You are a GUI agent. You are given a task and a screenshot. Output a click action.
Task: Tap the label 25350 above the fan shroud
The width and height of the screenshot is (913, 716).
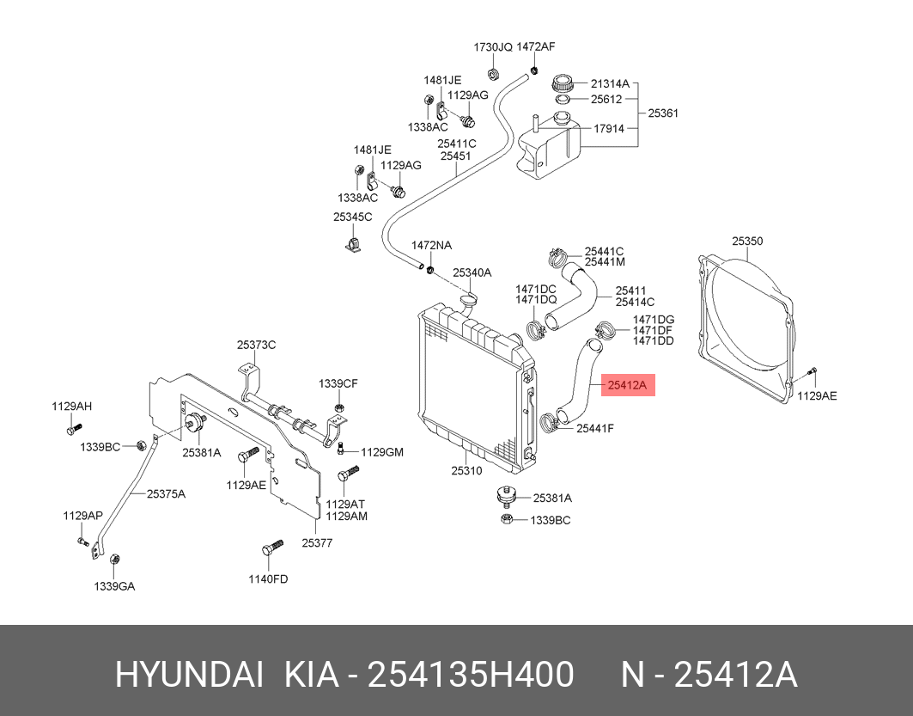pyautogui.click(x=746, y=242)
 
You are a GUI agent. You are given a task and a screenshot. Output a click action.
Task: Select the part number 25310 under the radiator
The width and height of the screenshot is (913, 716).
pyautogui.click(x=466, y=470)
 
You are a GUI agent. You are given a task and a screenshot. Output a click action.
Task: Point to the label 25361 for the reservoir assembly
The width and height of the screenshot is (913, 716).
pyautogui.click(x=663, y=113)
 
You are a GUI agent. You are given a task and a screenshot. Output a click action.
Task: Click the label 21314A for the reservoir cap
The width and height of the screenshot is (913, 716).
pyautogui.click(x=610, y=84)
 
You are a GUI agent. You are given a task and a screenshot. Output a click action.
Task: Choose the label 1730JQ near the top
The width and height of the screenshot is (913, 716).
pyautogui.click(x=493, y=46)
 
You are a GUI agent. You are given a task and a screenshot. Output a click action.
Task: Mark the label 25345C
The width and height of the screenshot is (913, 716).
pyautogui.click(x=352, y=217)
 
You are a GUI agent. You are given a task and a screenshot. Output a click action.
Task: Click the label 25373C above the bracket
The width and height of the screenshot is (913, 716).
pyautogui.click(x=256, y=345)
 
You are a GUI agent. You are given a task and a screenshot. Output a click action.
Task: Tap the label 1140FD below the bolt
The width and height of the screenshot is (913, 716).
pyautogui.click(x=268, y=578)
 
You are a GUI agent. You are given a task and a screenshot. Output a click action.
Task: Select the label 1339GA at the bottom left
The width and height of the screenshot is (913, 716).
pyautogui.click(x=114, y=586)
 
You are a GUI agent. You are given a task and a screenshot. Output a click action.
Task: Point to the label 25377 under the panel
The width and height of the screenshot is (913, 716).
pyautogui.click(x=316, y=542)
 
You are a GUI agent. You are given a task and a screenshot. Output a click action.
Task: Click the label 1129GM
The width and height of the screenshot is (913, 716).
pyautogui.click(x=381, y=452)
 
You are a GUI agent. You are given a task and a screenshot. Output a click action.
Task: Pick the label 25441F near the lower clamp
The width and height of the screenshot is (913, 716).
pyautogui.click(x=595, y=427)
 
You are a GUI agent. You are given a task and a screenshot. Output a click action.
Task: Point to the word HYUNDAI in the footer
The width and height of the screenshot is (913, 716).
pyautogui.click(x=189, y=676)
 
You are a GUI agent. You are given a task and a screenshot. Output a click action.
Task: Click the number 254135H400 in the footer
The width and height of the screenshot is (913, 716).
pyautogui.click(x=471, y=676)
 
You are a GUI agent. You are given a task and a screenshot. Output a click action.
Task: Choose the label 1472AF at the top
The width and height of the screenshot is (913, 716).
pyautogui.click(x=535, y=46)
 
